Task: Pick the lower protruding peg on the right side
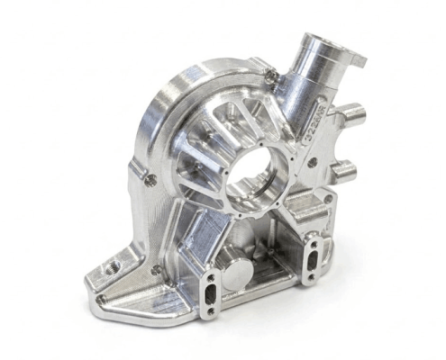pyautogui.click(x=345, y=168)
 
